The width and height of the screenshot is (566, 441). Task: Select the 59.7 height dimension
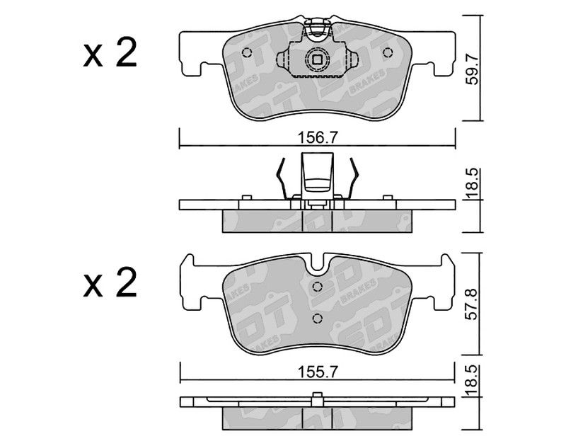(x=472, y=69)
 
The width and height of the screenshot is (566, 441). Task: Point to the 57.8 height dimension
(x=472, y=304)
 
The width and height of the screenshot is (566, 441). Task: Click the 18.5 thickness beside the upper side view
(x=472, y=184)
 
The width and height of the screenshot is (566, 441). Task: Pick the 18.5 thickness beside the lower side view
(x=472, y=381)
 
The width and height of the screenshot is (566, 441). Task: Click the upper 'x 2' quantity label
(x=110, y=54)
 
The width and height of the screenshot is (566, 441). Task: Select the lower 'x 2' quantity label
(x=110, y=283)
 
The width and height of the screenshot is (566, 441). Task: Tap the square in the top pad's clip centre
(x=317, y=59)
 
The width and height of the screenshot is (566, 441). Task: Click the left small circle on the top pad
(x=247, y=52)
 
